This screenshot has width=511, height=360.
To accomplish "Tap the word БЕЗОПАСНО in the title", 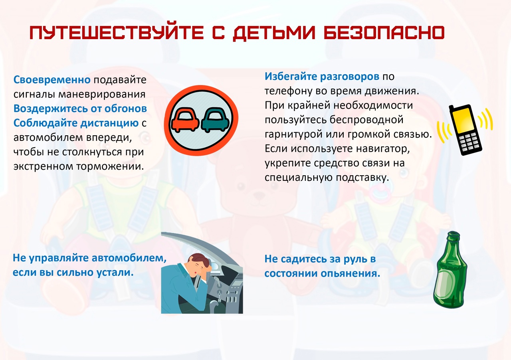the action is coord(384,33).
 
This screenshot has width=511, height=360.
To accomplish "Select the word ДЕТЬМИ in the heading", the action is coord(274,33).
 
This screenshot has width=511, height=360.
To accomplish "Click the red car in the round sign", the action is coord(185,120).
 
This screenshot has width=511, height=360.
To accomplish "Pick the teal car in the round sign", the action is coord(215,120).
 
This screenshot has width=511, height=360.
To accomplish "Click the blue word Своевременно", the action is coord(52,80).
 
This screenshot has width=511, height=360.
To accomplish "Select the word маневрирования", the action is coord(102,95).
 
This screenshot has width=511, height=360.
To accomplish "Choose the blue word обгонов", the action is coord(125,109).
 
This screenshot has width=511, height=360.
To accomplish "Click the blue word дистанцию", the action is coord(109,123).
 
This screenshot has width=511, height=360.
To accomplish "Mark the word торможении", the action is coord(110,166).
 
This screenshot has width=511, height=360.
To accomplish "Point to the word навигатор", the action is coord(383,149).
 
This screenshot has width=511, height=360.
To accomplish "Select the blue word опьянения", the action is coord(351,273).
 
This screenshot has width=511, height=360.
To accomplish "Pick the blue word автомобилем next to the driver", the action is coord(129,258).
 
